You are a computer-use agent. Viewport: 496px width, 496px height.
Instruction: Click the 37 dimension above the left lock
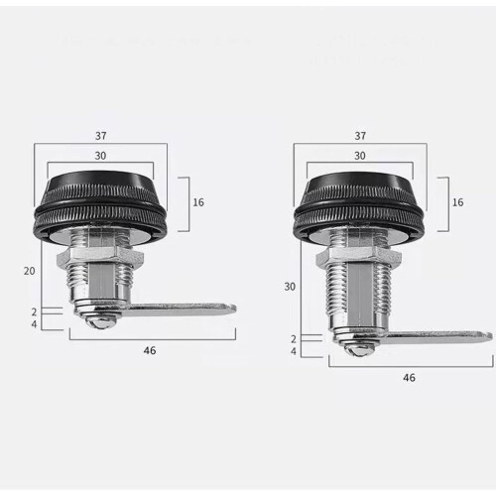[101, 136]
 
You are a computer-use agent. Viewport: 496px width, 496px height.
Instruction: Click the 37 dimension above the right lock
[360, 136]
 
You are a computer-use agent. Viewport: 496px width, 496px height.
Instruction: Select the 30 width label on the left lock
[100, 156]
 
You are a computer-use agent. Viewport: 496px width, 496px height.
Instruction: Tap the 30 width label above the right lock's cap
[360, 156]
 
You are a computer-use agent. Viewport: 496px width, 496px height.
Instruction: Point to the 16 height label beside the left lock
[198, 202]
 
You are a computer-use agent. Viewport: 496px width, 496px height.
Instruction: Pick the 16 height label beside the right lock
[457, 202]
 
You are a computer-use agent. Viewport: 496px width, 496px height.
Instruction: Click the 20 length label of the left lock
[29, 271]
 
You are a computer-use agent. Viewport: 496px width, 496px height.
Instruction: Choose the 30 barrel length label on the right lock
[290, 287]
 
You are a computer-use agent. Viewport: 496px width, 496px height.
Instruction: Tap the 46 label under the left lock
[150, 350]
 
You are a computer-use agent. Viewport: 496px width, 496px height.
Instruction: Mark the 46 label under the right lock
[409, 378]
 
